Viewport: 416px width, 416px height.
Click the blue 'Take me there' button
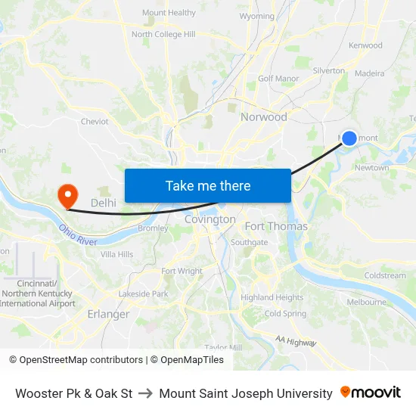pos(208,185)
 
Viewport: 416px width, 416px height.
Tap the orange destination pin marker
pos(68,197)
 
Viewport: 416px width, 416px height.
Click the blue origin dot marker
pos(349,138)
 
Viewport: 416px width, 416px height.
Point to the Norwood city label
pos(264,116)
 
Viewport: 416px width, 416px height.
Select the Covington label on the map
pos(210,219)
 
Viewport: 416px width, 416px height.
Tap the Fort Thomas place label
pos(276,226)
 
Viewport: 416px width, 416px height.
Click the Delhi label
pos(104,203)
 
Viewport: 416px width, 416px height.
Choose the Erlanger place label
pos(108,314)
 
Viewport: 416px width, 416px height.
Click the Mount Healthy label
pos(169,13)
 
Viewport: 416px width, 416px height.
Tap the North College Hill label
pos(163,34)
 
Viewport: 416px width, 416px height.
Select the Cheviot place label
pos(95,121)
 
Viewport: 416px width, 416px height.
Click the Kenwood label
pos(365,45)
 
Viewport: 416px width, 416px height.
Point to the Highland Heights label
pos(272,297)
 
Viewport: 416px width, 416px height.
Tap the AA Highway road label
pos(296,342)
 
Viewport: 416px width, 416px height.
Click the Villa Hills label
pos(116,254)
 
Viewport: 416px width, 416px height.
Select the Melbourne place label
pos(366,302)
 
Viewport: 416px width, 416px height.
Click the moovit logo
pos(371,393)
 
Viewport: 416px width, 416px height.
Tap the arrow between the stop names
pos(146,393)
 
